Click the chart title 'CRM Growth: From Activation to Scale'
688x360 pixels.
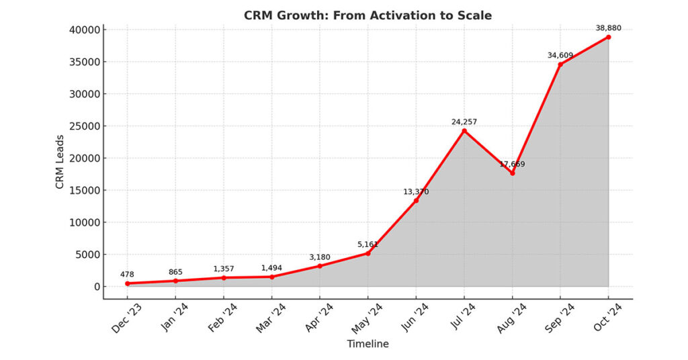368,15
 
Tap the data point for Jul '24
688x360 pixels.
464,130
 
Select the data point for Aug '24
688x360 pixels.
513,173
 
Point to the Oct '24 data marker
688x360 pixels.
608,37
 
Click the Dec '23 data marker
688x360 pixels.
128,283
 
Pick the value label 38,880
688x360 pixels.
608,28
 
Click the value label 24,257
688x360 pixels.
464,122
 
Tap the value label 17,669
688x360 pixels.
513,164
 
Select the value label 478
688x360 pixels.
128,274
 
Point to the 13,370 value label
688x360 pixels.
416,191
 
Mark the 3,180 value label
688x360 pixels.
320,257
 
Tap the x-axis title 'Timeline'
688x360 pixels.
368,344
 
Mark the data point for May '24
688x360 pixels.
368,253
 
